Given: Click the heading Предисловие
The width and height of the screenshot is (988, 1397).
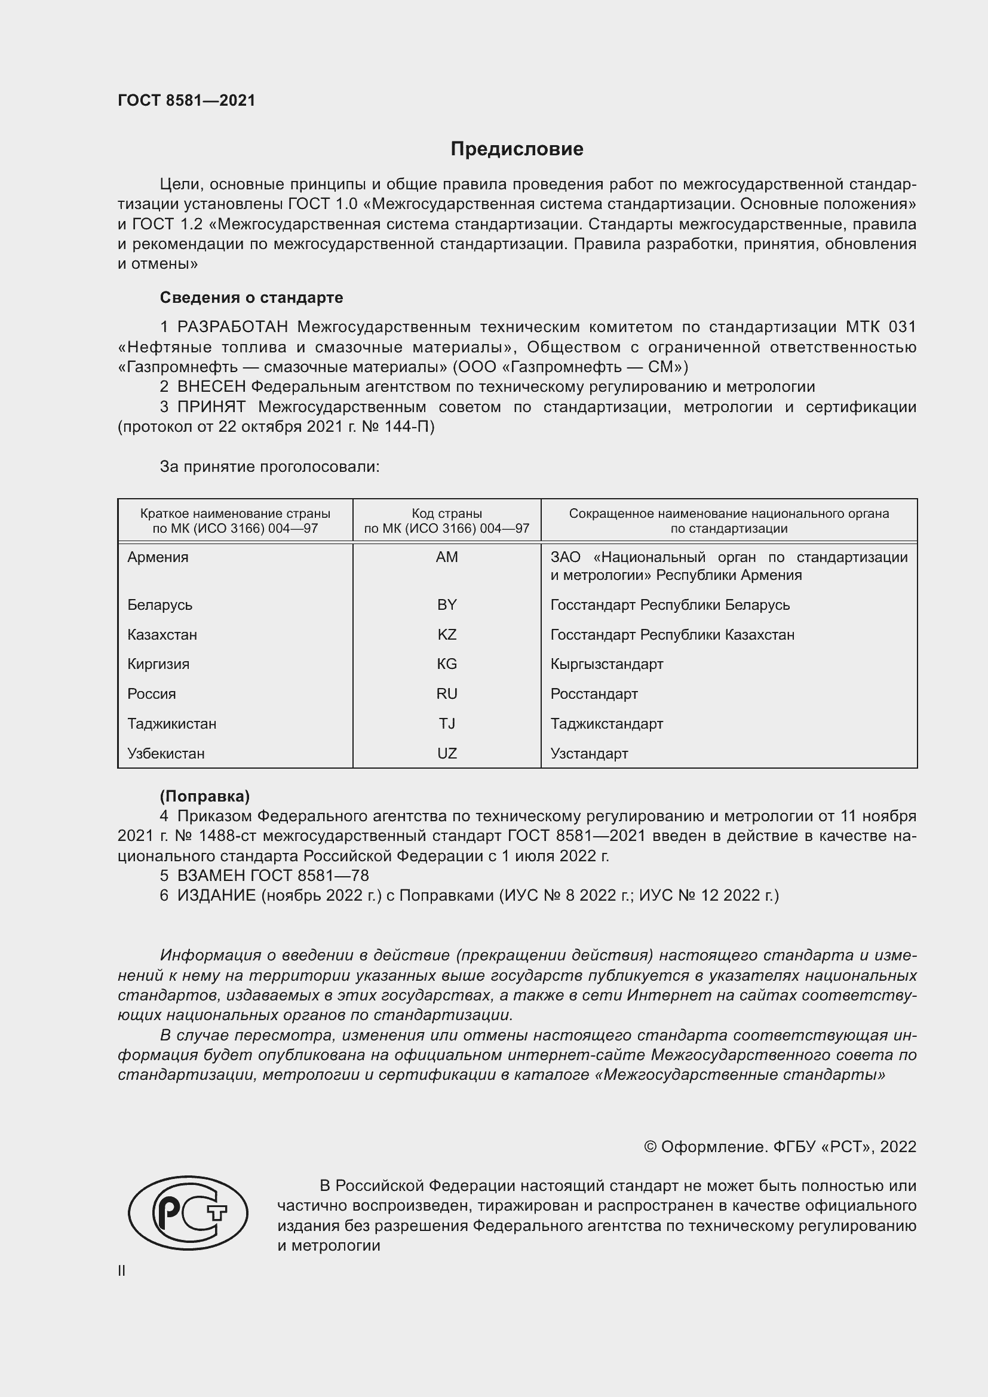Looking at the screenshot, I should (x=517, y=149).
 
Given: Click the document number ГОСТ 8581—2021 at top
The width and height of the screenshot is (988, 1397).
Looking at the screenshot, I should (x=186, y=100).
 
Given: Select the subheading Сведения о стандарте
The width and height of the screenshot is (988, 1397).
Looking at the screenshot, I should (x=251, y=297).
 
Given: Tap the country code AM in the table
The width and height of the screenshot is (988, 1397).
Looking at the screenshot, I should (x=447, y=557).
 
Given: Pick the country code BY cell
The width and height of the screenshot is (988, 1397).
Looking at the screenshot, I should (x=447, y=605).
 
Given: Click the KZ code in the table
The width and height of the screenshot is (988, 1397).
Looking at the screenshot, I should (x=447, y=635).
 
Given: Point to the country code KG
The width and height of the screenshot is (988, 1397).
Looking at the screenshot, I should (x=447, y=664).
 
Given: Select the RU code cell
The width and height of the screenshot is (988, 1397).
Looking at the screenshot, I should (x=447, y=693).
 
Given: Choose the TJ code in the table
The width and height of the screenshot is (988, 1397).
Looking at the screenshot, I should (x=447, y=723).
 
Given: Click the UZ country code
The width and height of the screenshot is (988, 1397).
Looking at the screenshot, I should (x=447, y=753).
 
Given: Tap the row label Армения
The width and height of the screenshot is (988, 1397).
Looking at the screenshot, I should (x=158, y=557).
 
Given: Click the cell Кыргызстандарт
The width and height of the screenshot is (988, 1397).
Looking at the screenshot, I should (x=606, y=664).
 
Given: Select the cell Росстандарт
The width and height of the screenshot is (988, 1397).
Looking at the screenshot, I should (x=594, y=693).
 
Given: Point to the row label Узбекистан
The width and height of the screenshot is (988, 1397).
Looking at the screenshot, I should (x=165, y=753).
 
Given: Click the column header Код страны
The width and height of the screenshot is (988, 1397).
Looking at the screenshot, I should (x=447, y=514).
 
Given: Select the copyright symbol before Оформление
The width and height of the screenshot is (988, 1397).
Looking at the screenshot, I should (x=650, y=1147).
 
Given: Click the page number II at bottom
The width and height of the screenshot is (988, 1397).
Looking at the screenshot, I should (x=122, y=1270).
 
